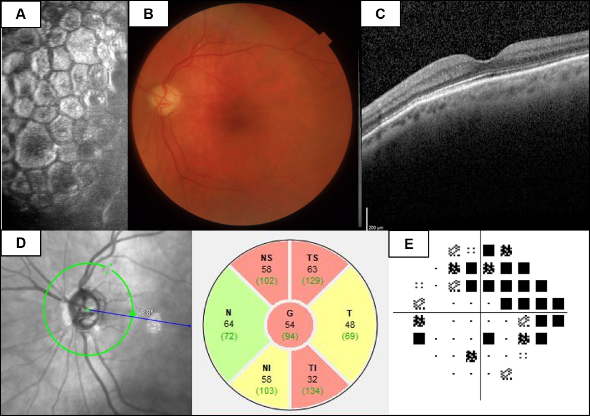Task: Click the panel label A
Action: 21,14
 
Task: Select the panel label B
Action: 148,14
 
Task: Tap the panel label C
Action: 380,14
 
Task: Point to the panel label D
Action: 21,243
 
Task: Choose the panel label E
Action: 409,244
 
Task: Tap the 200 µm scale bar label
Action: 376,228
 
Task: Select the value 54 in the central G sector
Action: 290,325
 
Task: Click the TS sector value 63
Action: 312,269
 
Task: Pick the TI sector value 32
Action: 312,379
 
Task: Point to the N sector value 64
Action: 228,324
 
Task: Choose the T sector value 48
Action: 350,325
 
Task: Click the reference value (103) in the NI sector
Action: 267,391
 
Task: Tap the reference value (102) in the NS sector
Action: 267,281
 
